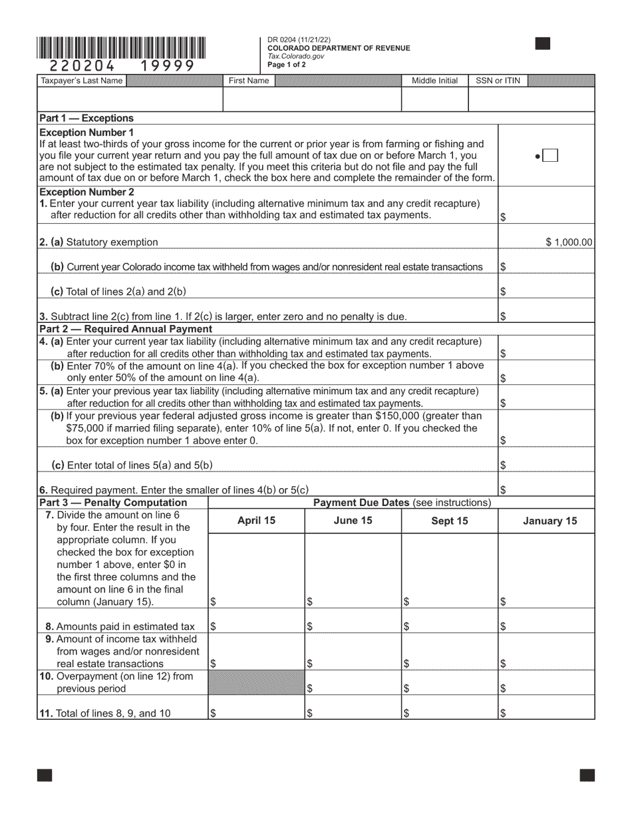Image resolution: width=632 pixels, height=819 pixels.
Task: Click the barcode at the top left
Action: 122,48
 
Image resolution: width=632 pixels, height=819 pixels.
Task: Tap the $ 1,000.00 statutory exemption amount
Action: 569,242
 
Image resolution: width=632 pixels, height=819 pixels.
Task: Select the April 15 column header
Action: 256,521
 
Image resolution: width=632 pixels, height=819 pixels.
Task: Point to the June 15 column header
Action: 353,521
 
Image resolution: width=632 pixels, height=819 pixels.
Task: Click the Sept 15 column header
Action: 449,521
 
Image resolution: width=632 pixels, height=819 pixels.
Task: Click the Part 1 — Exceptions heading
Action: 86,118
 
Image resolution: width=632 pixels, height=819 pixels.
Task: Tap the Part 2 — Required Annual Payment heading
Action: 126,329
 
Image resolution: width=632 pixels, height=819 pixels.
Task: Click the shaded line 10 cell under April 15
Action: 256,682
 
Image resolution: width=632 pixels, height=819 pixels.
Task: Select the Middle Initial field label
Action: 434,81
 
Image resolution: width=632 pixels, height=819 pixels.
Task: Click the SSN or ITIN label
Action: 498,81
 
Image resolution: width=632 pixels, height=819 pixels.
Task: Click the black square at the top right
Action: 543,44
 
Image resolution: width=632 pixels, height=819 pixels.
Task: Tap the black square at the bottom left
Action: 44,775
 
